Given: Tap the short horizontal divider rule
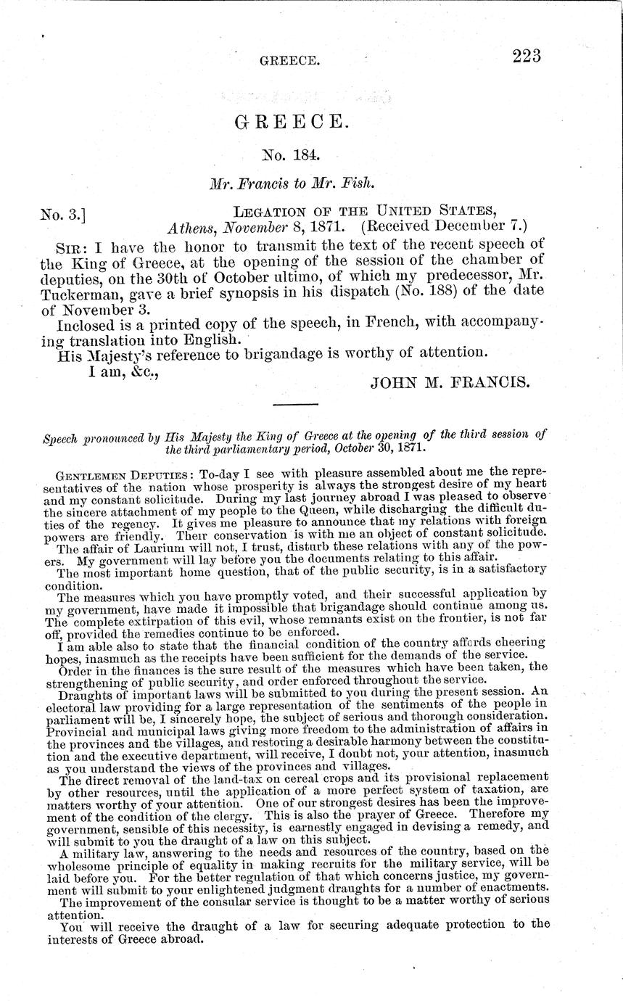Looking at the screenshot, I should click(x=294, y=404).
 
